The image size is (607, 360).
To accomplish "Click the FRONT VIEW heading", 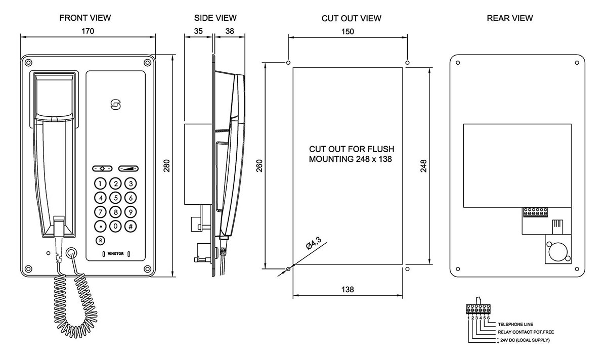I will [85, 18].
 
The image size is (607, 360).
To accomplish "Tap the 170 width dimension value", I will [88, 31].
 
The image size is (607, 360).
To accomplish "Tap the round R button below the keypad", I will [100, 240].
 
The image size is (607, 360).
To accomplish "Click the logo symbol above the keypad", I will [116, 105].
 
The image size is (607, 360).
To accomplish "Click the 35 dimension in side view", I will [198, 31].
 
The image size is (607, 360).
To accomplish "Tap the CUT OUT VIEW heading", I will [351, 19].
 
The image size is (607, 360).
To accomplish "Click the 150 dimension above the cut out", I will [348, 31].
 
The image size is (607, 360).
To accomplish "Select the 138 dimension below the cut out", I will [348, 289].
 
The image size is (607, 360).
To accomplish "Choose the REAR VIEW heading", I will [509, 18].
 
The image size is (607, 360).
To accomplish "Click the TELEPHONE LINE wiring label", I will [515, 324].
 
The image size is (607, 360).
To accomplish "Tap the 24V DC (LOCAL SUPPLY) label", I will [524, 340].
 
